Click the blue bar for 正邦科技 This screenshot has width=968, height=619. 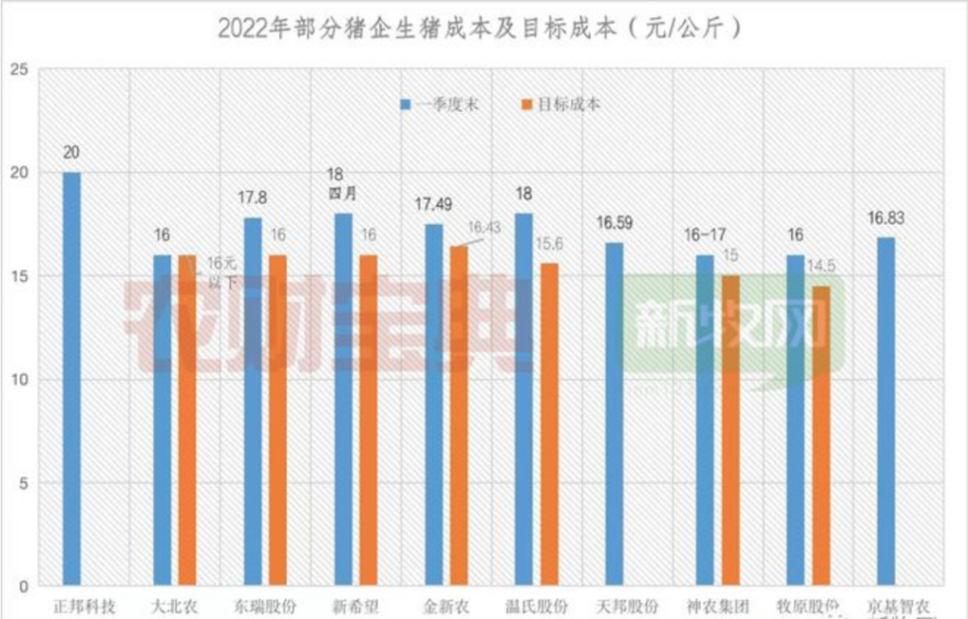72,379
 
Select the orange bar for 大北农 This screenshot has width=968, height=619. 187,421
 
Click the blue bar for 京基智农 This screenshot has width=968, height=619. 886,412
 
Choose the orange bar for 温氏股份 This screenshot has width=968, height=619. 549,424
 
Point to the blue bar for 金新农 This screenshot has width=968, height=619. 433,405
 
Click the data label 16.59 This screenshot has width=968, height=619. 614,224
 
